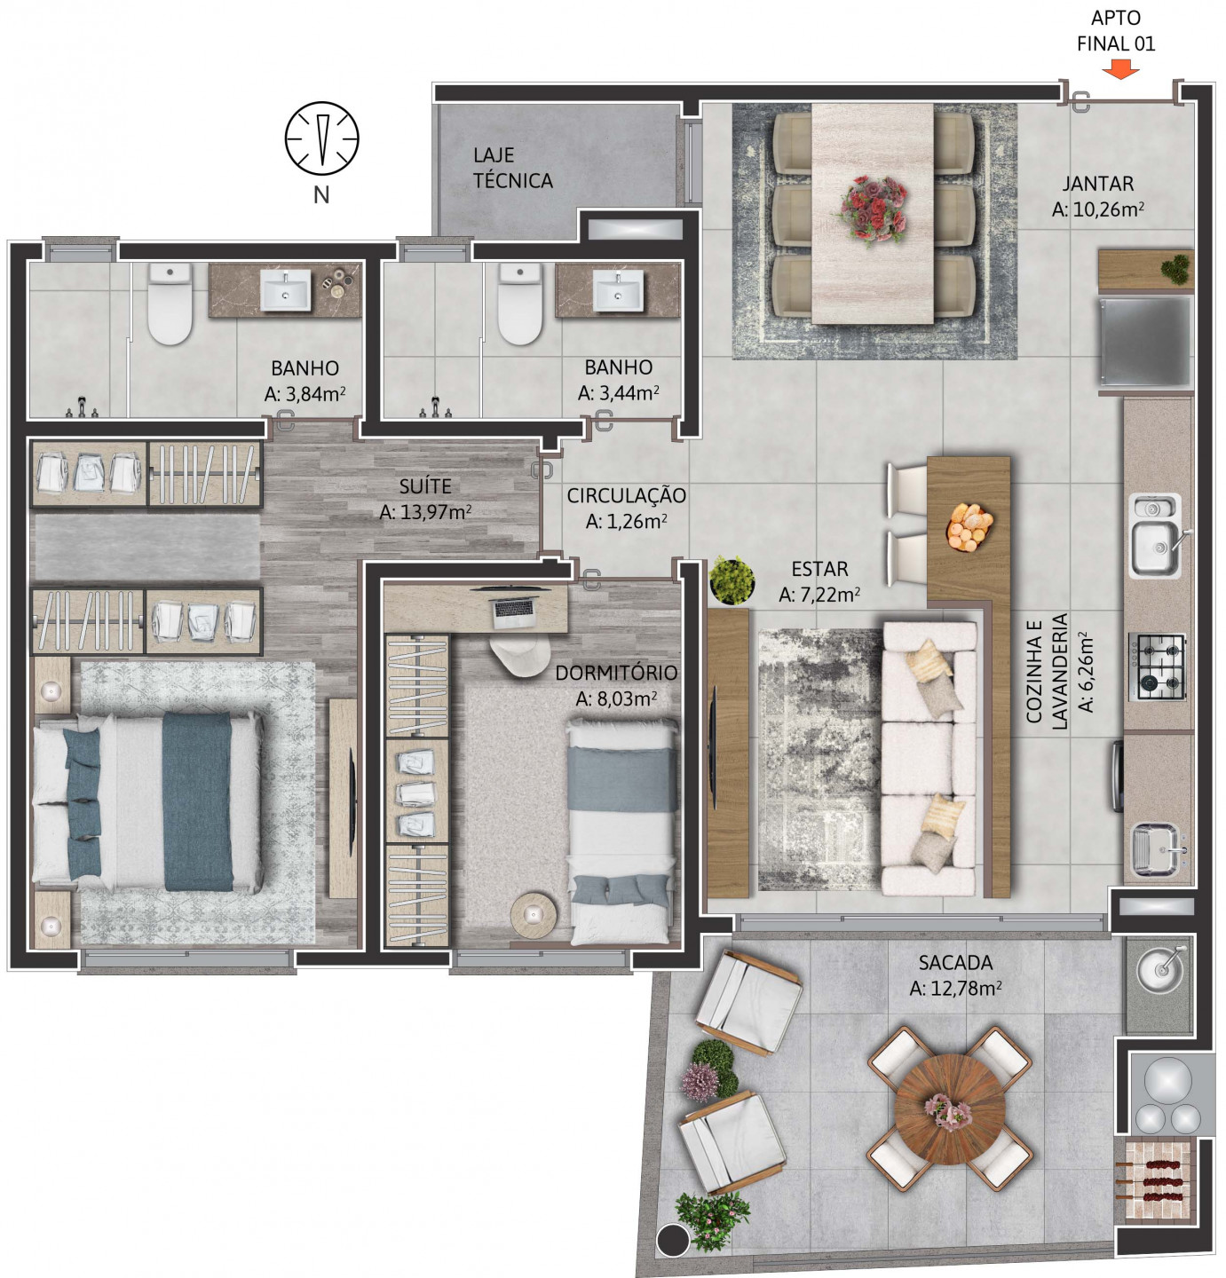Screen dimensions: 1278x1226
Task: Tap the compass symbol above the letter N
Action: (321, 138)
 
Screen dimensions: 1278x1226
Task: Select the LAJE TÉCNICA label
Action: (512, 168)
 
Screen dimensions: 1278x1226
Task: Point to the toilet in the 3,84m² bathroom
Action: (170, 304)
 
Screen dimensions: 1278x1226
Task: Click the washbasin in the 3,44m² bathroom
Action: (618, 289)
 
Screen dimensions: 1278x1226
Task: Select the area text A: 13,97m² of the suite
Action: (425, 512)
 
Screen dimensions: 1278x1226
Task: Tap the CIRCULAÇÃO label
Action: (626, 495)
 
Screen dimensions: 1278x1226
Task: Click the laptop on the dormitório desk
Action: (516, 609)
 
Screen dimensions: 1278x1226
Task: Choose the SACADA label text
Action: (955, 962)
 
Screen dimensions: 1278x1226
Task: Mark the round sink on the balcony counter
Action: (1160, 973)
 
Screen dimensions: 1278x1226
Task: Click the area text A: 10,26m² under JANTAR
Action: (1097, 210)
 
